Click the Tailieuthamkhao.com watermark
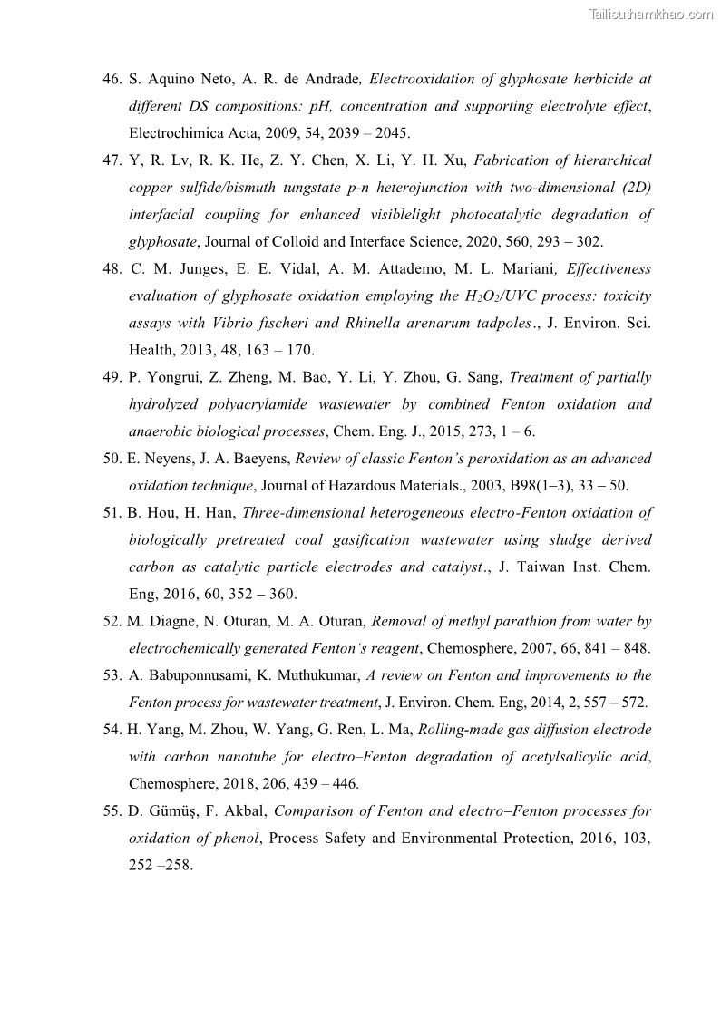[650, 14]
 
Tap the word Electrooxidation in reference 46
[424, 79]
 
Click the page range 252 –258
[160, 866]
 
